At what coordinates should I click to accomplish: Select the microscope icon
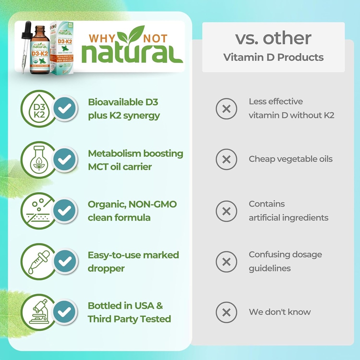tap(38, 312)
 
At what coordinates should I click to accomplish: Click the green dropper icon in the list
tap(38, 261)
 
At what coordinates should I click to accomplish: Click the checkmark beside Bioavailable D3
tap(64, 109)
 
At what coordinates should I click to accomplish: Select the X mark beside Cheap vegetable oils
tap(226, 160)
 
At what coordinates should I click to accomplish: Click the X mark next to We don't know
tap(226, 312)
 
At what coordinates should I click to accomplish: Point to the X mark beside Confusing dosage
tap(226, 262)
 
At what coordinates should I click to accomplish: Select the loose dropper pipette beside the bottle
tap(25, 46)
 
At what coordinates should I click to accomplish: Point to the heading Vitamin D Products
tap(273, 57)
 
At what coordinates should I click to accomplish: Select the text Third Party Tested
tap(129, 319)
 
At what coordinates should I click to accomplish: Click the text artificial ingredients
tap(288, 218)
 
